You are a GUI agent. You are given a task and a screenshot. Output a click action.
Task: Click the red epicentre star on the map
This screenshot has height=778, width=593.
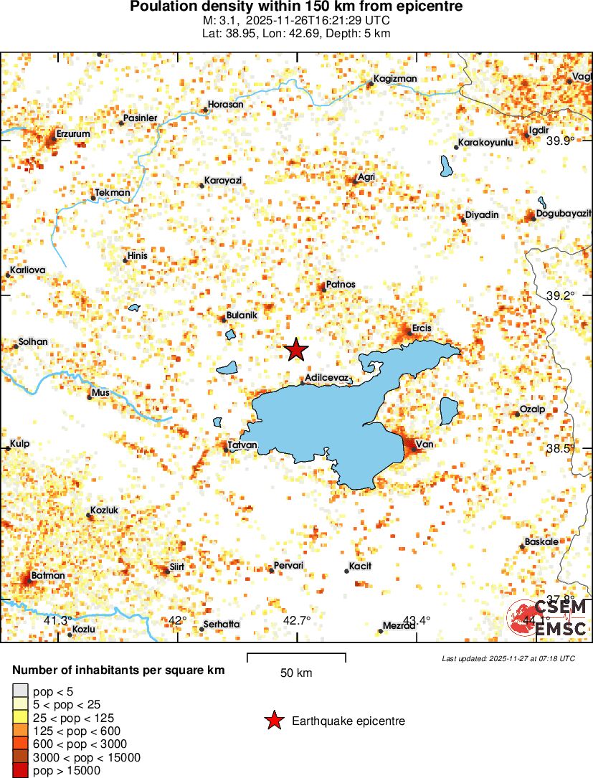pyautogui.click(x=295, y=350)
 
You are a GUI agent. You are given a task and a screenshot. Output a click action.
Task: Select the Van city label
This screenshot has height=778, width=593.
pyautogui.click(x=424, y=445)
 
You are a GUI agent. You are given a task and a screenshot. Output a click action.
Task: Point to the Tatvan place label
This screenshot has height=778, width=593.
pyautogui.click(x=242, y=445)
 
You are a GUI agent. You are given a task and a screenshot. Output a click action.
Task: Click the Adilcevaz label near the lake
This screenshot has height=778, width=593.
pyautogui.click(x=327, y=377)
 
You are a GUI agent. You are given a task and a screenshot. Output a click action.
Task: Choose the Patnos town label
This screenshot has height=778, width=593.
pyautogui.click(x=340, y=285)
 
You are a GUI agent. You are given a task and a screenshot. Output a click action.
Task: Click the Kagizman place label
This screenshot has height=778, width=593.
pyautogui.click(x=395, y=79)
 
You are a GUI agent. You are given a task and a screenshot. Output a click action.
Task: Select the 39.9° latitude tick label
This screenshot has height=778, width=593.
pyautogui.click(x=560, y=141)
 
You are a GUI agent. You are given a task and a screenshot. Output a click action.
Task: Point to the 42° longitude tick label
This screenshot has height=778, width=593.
pyautogui.click(x=177, y=620)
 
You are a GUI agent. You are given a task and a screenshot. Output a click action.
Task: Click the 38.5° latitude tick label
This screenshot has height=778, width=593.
pyautogui.click(x=560, y=448)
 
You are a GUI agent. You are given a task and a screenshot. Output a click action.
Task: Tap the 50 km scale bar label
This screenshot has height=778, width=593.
pyautogui.click(x=295, y=673)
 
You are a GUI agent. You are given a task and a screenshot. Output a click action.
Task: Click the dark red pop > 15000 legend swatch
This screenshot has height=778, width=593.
pyautogui.click(x=20, y=771)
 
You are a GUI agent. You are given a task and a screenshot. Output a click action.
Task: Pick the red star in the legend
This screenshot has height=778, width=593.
pyautogui.click(x=274, y=721)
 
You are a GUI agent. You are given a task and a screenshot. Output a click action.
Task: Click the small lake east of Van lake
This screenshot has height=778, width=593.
pyautogui.click(x=449, y=411)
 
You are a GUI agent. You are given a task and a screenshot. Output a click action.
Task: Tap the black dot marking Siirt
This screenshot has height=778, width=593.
pyautogui.click(x=164, y=571)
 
